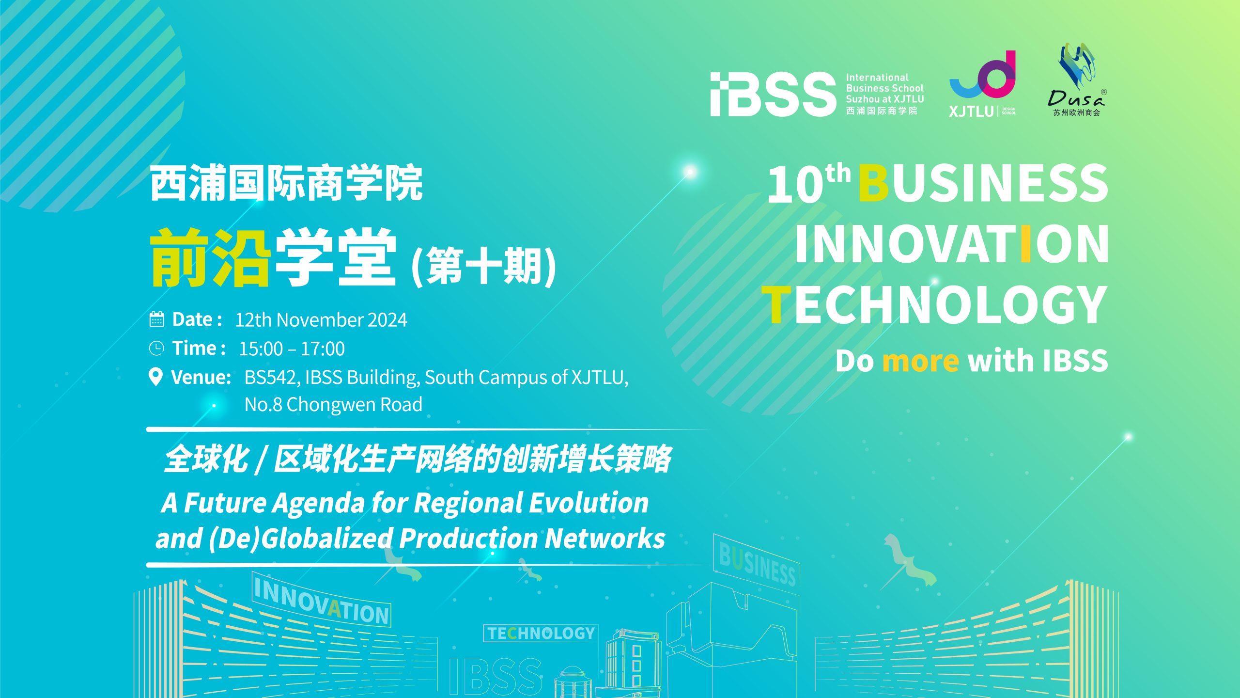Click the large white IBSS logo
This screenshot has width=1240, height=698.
pos(773,95)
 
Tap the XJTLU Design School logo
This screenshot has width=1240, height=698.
pos(982,84)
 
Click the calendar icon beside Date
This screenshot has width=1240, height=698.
pos(156,319)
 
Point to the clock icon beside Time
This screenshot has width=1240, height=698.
pos(156,348)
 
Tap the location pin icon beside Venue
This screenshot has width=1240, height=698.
pos(155,377)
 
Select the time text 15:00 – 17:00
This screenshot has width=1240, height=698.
pos(292,349)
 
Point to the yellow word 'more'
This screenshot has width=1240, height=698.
pos(920,361)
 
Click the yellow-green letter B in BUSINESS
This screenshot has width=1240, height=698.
pos(873,183)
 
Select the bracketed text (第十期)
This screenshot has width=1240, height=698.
pos(483,266)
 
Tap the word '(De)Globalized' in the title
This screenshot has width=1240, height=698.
pos(300,539)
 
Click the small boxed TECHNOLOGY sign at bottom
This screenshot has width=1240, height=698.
pos(541,633)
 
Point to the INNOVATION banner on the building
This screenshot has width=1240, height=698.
pos(322,601)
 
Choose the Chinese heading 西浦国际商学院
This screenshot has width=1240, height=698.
pos(286,183)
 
